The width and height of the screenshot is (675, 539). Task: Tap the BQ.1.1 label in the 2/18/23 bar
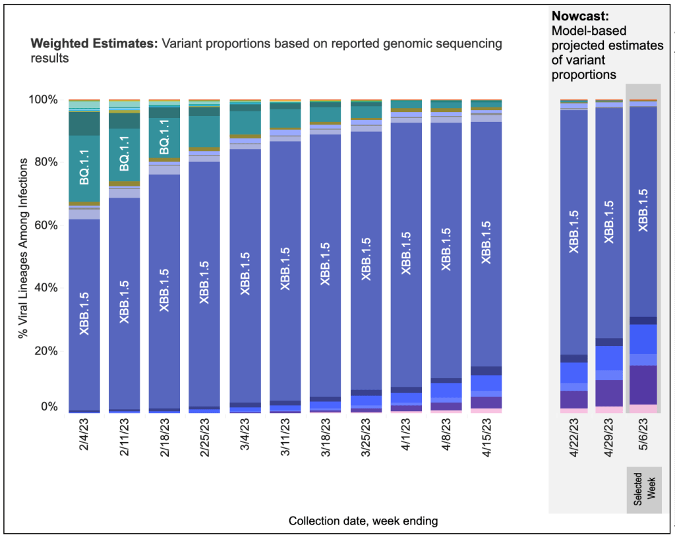165,138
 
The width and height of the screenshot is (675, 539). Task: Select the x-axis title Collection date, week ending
363,521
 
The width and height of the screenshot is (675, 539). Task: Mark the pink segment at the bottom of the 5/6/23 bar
644,409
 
